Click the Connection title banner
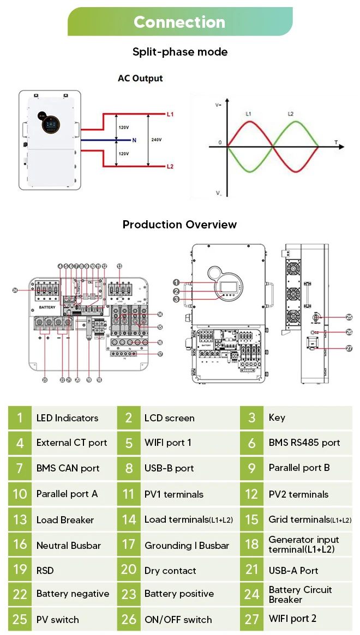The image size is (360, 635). pos(179,22)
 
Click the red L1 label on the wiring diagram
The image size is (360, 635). pos(170,114)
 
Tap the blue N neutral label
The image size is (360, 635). pos(134,140)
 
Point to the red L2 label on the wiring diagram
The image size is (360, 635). pos(170,166)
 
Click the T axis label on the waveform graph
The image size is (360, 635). pos(336,142)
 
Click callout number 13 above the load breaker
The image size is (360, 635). pos(119,265)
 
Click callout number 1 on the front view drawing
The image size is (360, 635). pos(176,282)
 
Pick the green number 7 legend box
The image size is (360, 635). pos(20,468)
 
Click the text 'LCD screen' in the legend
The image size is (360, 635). pos(169,418)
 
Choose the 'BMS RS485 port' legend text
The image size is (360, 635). pos(304,443)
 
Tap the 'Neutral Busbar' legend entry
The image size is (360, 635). pos(68,545)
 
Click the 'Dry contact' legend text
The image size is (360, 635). pos(170,571)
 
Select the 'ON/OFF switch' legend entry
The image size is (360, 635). pos(178,620)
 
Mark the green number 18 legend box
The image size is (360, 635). pos(251,545)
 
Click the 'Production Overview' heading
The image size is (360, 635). pos(179,225)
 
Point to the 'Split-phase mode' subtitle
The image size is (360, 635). pos(179,52)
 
